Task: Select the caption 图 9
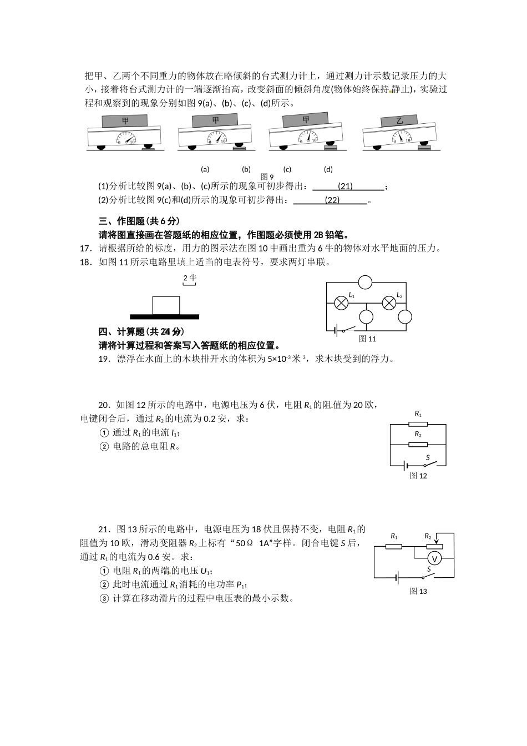coord(267,177)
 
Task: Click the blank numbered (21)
coord(346,186)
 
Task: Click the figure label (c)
coord(287,169)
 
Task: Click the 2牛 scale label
coord(190,278)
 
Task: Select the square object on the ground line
coord(166,305)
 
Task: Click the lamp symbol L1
coord(341,303)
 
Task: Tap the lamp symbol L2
coord(390,303)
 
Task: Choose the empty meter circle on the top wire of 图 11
coord(365,283)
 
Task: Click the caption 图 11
coord(367,339)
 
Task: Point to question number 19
coord(104,359)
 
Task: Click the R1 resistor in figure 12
coord(418,424)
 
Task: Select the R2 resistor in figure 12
coord(418,444)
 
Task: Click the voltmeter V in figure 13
coord(435,558)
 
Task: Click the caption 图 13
coord(418,591)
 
